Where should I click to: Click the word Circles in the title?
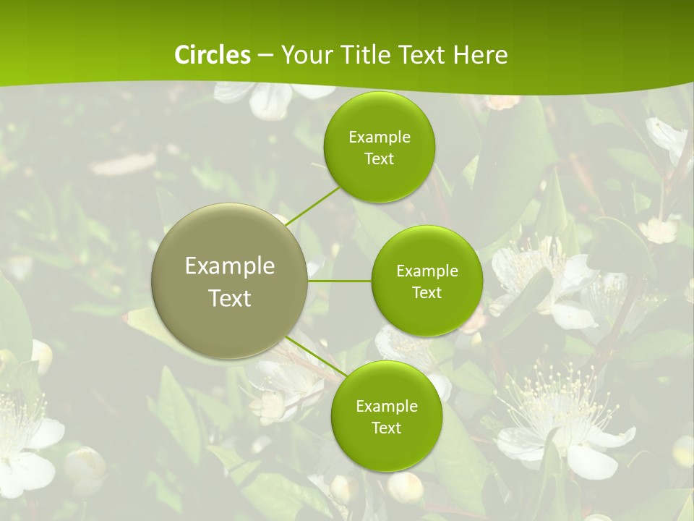click(213, 55)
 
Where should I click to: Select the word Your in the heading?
click(305, 55)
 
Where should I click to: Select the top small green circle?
click(379, 116)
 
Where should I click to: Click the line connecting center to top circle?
click(312, 206)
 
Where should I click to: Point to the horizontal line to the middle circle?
click(339, 281)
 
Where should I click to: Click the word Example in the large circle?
click(230, 266)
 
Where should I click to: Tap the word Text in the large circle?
click(230, 298)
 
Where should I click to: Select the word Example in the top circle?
click(380, 137)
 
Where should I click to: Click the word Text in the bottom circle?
click(386, 428)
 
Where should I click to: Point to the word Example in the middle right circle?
click(427, 271)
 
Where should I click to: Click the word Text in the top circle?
click(380, 158)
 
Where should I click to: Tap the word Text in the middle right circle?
click(427, 292)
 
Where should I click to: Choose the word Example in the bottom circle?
click(387, 406)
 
